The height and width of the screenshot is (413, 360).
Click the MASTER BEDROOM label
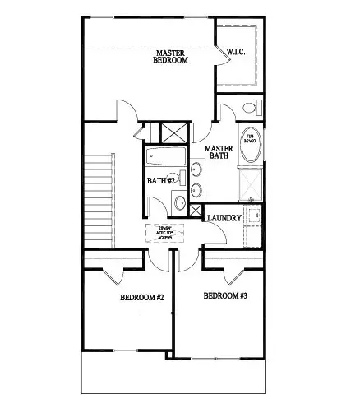173,57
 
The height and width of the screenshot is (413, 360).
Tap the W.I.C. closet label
238,53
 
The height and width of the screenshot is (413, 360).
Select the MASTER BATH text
219,153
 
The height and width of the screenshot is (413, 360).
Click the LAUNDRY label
224,218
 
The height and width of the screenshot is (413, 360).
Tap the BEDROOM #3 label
225,295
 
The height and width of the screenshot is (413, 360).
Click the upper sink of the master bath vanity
197,170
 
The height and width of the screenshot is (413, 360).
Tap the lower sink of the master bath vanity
197,190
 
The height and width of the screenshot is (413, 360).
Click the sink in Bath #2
178,202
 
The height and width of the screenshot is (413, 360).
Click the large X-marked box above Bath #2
173,132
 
